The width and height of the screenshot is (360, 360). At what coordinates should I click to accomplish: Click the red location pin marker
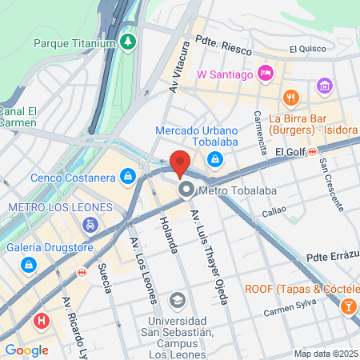(x=180, y=162)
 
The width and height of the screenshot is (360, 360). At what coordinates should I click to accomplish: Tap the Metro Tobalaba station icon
(x=186, y=190)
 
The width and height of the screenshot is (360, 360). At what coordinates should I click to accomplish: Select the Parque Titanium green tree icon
(x=128, y=41)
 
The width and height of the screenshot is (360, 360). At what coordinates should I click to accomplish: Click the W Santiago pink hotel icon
(x=266, y=74)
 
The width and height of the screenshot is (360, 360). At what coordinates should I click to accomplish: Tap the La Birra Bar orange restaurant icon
(x=290, y=98)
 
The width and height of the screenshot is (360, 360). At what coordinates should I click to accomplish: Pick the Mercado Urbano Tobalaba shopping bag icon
(x=215, y=159)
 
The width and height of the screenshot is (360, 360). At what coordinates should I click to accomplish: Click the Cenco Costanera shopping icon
(x=127, y=174)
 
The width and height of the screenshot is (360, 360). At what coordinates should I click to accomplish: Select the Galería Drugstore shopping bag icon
(x=29, y=264)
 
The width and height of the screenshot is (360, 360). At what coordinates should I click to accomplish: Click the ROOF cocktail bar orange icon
(x=349, y=306)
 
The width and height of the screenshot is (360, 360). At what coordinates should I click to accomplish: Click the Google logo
(x=26, y=350)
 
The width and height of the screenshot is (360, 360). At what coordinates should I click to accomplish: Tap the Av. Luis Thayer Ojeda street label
(x=210, y=257)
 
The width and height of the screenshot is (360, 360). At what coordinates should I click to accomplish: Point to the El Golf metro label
(x=292, y=150)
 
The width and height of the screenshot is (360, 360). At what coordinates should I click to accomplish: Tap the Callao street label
(x=274, y=213)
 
